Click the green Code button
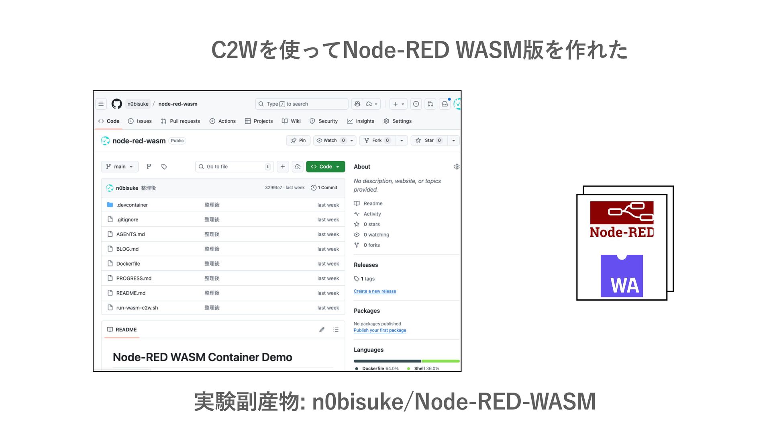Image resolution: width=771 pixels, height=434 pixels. (325, 167)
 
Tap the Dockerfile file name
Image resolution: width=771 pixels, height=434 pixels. (128, 264)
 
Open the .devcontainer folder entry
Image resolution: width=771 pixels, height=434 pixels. (132, 205)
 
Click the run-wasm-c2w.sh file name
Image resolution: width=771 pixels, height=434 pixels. (137, 308)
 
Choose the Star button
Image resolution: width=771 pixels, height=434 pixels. (429, 140)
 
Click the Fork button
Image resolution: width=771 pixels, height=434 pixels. (376, 140)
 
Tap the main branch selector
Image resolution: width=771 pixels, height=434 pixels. (119, 167)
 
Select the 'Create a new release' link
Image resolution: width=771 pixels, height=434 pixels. (375, 291)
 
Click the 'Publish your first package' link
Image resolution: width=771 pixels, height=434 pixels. (380, 330)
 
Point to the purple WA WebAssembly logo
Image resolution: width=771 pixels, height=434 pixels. (622, 276)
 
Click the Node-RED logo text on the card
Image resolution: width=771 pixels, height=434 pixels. (622, 232)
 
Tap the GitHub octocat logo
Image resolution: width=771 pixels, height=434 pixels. (116, 104)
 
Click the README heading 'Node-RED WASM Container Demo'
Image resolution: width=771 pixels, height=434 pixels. (202, 357)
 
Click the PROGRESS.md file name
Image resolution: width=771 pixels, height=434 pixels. (134, 278)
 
